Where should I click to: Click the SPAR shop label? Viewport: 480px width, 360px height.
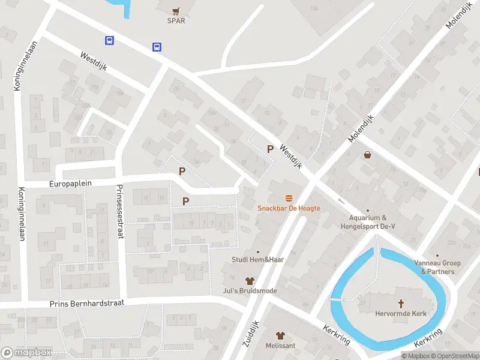(176, 20)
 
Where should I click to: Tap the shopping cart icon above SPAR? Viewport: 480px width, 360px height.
(176, 10)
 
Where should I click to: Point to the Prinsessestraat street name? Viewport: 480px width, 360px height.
(120, 211)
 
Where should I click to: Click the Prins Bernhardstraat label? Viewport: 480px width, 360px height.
(86, 304)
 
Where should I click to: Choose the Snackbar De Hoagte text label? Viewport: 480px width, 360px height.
(289, 208)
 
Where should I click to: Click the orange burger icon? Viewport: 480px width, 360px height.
(289, 198)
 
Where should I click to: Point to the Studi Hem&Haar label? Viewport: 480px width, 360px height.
(257, 260)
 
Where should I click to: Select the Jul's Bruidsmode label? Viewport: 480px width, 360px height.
(250, 291)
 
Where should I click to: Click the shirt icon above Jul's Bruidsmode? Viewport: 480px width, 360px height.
(250, 281)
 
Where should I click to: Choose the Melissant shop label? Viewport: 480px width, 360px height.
(280, 346)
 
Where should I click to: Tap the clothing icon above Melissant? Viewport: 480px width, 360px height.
(280, 335)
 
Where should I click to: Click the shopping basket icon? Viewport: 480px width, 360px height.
(367, 155)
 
